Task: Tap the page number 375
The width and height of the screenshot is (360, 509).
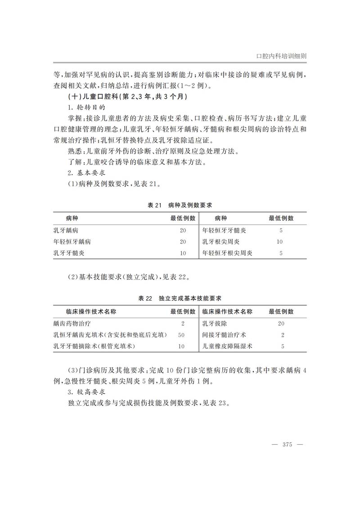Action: (x=287, y=445)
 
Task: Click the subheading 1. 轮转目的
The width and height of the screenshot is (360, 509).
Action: (x=86, y=108)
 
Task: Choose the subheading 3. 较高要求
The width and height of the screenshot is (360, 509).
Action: (x=86, y=392)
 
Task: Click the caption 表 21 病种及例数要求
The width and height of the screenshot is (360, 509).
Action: (x=180, y=205)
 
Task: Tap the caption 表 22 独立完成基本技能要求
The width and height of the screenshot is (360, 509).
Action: (x=180, y=298)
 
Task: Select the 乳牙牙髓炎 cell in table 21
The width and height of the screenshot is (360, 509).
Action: (x=69, y=253)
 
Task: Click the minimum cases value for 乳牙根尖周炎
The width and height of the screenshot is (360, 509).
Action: (x=280, y=242)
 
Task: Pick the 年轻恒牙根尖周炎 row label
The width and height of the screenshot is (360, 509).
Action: (x=227, y=253)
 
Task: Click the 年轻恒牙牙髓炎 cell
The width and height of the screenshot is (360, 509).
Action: (x=224, y=230)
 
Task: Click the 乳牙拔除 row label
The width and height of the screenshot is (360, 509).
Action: (x=215, y=324)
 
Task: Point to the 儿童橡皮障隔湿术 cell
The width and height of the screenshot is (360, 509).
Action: (x=227, y=346)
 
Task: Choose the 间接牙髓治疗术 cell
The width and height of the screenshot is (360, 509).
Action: (x=224, y=335)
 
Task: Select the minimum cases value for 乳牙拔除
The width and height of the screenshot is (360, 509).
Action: (x=281, y=324)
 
